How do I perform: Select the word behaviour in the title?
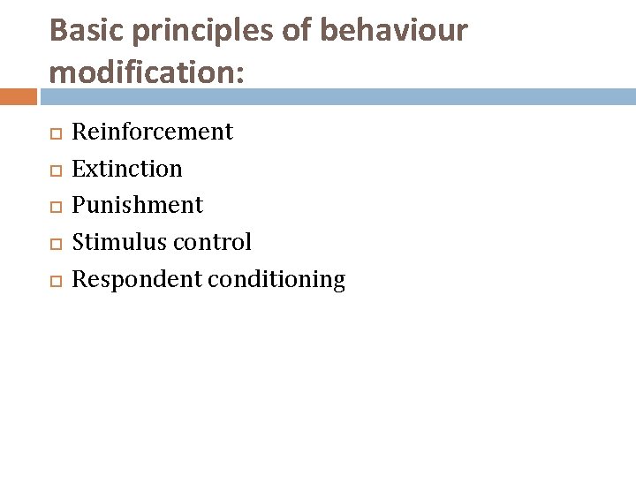coord(393,30)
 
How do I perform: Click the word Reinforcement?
coord(152,132)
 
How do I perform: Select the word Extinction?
coord(126,168)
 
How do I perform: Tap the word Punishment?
coord(137,205)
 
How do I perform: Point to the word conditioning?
coord(276,279)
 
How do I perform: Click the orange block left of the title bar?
coord(18,96)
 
